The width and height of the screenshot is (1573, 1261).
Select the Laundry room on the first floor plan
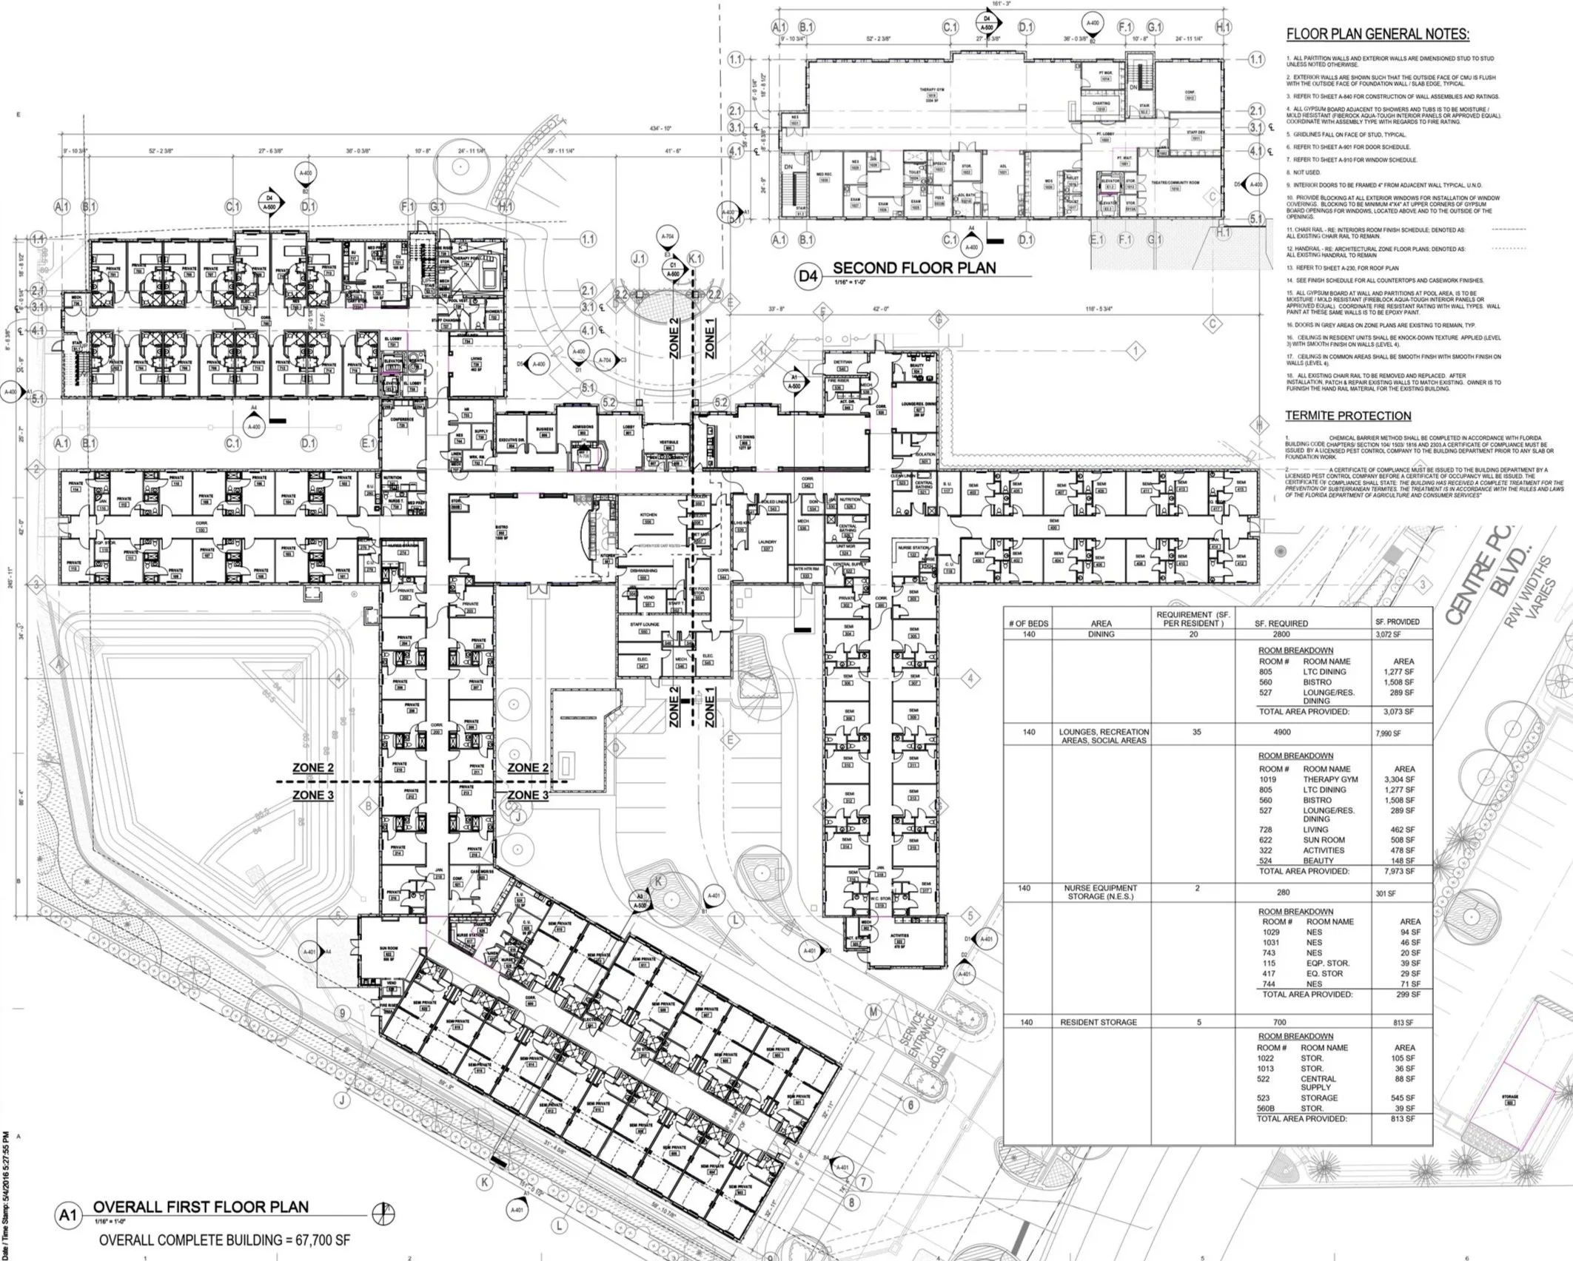(x=768, y=544)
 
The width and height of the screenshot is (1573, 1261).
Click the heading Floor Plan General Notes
(x=1378, y=34)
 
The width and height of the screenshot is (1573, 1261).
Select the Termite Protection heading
(x=1347, y=416)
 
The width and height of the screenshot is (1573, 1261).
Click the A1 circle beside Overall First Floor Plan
(x=68, y=1216)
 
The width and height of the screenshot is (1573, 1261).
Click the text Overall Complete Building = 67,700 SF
(x=224, y=1240)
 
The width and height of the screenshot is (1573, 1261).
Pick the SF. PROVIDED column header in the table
(x=1397, y=622)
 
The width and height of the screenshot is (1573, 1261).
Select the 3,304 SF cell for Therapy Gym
(x=1402, y=779)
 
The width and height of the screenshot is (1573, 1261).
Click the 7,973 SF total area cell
(x=1402, y=871)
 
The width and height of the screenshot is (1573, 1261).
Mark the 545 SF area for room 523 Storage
(x=1402, y=1098)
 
